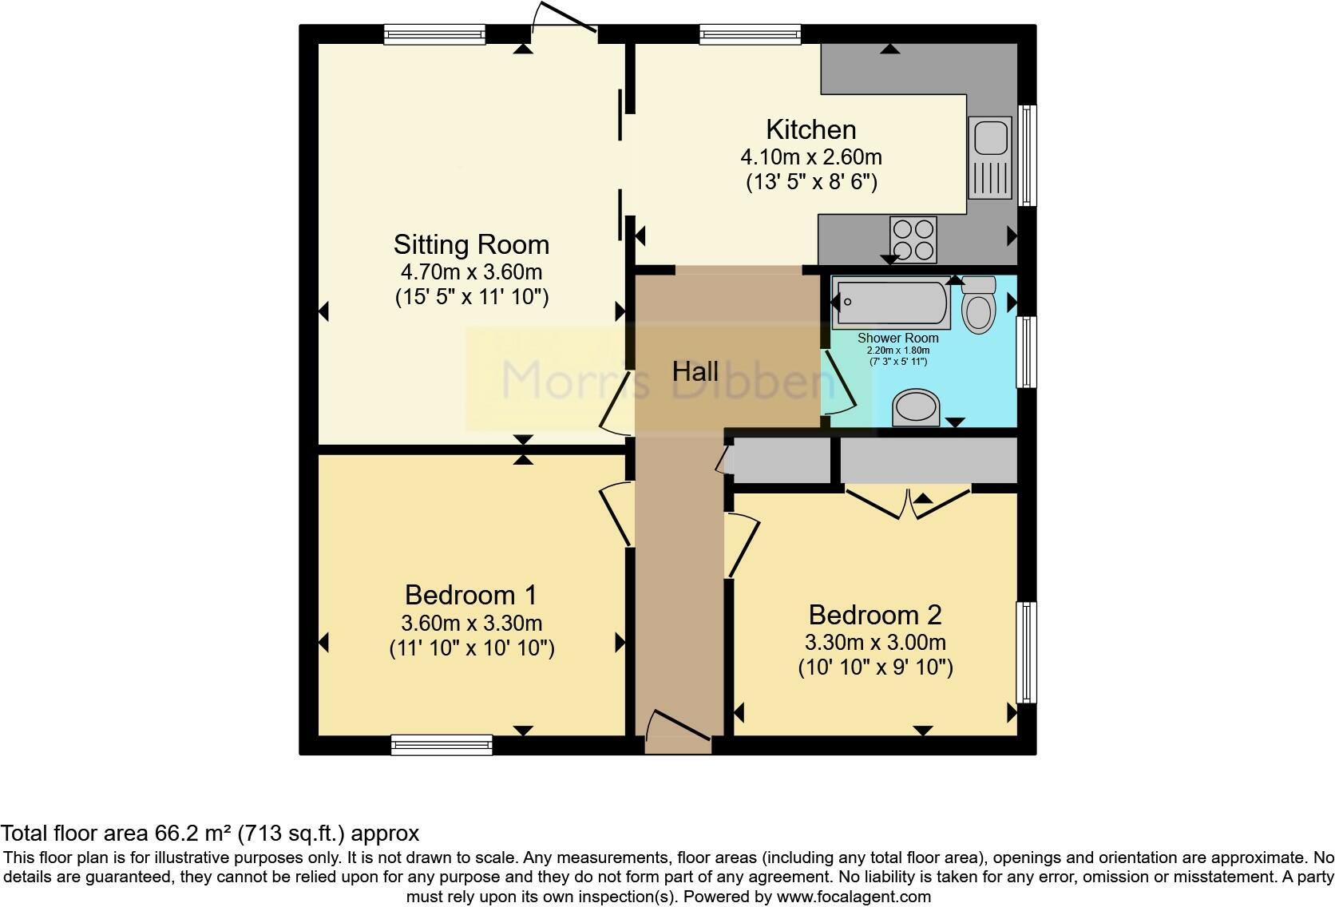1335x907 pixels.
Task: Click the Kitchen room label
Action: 810,129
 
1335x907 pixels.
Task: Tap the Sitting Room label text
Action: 471,244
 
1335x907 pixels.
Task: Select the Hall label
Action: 695,371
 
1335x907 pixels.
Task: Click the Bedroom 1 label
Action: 470,595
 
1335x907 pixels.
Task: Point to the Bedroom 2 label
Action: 875,615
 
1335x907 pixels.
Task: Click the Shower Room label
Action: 897,338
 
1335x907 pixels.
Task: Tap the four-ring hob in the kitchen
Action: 913,239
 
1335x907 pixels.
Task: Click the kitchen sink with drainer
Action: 990,157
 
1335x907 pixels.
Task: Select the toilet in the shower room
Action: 978,305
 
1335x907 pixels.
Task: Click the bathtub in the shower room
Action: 890,303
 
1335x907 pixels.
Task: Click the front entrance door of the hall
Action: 677,730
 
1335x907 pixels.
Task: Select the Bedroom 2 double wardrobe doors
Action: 909,503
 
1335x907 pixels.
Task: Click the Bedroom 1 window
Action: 442,745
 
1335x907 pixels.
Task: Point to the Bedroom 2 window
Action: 1026,652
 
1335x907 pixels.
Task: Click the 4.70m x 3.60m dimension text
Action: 471,272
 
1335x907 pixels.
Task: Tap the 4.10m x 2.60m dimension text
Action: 810,156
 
